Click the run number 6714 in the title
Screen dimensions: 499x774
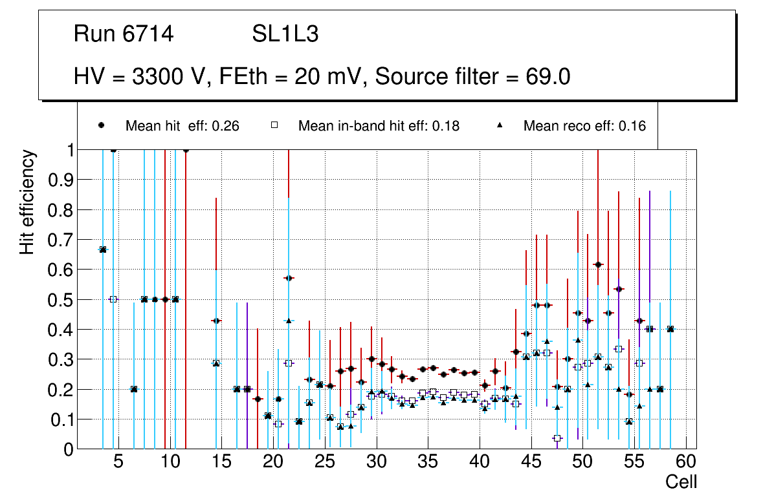[148, 34]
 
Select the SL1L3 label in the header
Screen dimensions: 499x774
[285, 34]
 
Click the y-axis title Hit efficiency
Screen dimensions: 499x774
[27, 202]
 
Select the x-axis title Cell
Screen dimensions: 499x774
[681, 482]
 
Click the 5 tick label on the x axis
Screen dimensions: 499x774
[118, 463]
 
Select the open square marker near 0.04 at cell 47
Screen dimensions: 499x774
[557, 438]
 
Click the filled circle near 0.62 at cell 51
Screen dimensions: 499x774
[598, 264]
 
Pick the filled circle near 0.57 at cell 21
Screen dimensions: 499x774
[289, 278]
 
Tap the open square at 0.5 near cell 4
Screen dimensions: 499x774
[113, 299]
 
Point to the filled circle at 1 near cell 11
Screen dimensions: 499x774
[186, 150]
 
